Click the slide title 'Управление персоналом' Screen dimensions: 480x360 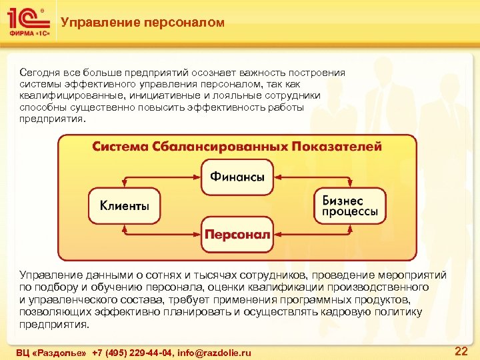pyautogui.click(x=142, y=23)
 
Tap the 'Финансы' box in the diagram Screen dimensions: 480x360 pyautogui.click(x=237, y=177)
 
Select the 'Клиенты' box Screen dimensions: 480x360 pyautogui.click(x=125, y=206)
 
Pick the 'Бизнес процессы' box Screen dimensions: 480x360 pyautogui.click(x=350, y=206)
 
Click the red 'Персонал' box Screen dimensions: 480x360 pyautogui.click(x=237, y=235)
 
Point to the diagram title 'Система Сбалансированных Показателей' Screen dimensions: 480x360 pyautogui.click(x=237, y=146)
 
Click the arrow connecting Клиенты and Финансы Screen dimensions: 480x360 pyautogui.click(x=160, y=177)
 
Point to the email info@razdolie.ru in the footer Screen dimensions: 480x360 pyautogui.click(x=214, y=352)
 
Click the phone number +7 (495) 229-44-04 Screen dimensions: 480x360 pyautogui.click(x=131, y=352)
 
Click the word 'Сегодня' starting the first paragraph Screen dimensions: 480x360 pyautogui.click(x=39, y=73)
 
